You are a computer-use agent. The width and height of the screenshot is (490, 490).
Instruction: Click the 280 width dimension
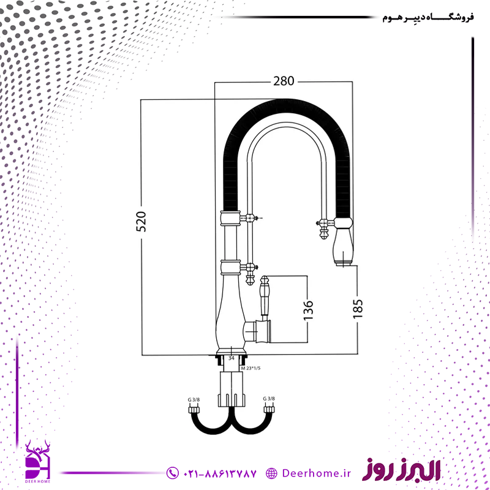[284, 81]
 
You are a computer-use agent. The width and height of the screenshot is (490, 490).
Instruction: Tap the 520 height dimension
[141, 222]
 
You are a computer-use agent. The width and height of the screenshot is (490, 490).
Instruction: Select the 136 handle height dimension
[308, 310]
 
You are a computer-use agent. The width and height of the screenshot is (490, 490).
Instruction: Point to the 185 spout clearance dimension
[358, 309]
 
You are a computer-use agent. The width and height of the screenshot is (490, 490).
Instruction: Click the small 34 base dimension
[232, 358]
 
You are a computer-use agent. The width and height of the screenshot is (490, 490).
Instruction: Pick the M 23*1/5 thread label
[251, 368]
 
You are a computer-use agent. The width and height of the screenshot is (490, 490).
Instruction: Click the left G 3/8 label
[194, 399]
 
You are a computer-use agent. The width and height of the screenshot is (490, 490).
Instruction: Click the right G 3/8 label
[269, 399]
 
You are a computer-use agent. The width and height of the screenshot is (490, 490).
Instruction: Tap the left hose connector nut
[194, 409]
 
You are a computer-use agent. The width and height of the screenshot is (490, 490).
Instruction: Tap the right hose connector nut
[269, 409]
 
